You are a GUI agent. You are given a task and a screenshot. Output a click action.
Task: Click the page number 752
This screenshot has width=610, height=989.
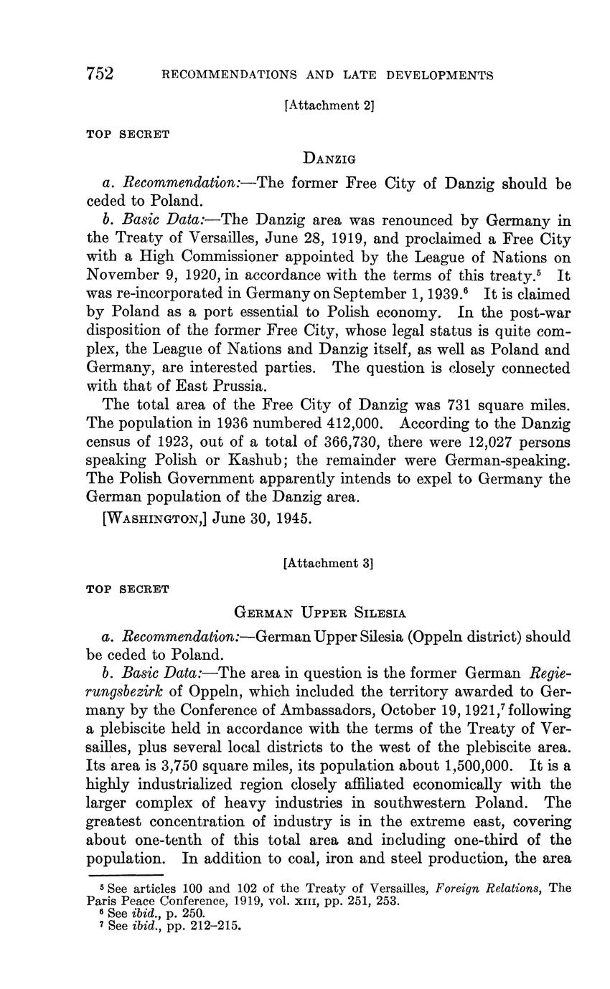[x=100, y=74]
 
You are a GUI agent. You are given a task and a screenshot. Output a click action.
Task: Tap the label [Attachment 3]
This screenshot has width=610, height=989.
[x=329, y=563]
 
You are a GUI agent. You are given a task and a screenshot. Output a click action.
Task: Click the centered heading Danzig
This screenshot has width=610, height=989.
[x=329, y=158]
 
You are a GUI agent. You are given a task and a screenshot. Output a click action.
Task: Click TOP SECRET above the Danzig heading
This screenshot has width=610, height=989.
[x=128, y=134]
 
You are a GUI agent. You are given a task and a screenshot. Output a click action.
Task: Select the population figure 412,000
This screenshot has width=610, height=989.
[x=346, y=423]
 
